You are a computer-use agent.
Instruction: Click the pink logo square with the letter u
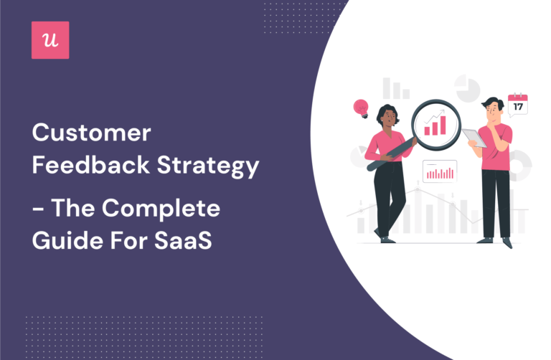coord(51,39)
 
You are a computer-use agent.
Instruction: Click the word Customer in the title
coord(91,134)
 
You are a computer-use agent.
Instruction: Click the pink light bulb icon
coord(361,108)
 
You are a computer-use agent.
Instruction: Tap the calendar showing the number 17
coord(517,104)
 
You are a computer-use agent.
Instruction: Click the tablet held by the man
coord(474,138)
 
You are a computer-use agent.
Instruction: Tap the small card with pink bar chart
coord(440,171)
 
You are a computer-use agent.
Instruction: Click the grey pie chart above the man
coord(467,90)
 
